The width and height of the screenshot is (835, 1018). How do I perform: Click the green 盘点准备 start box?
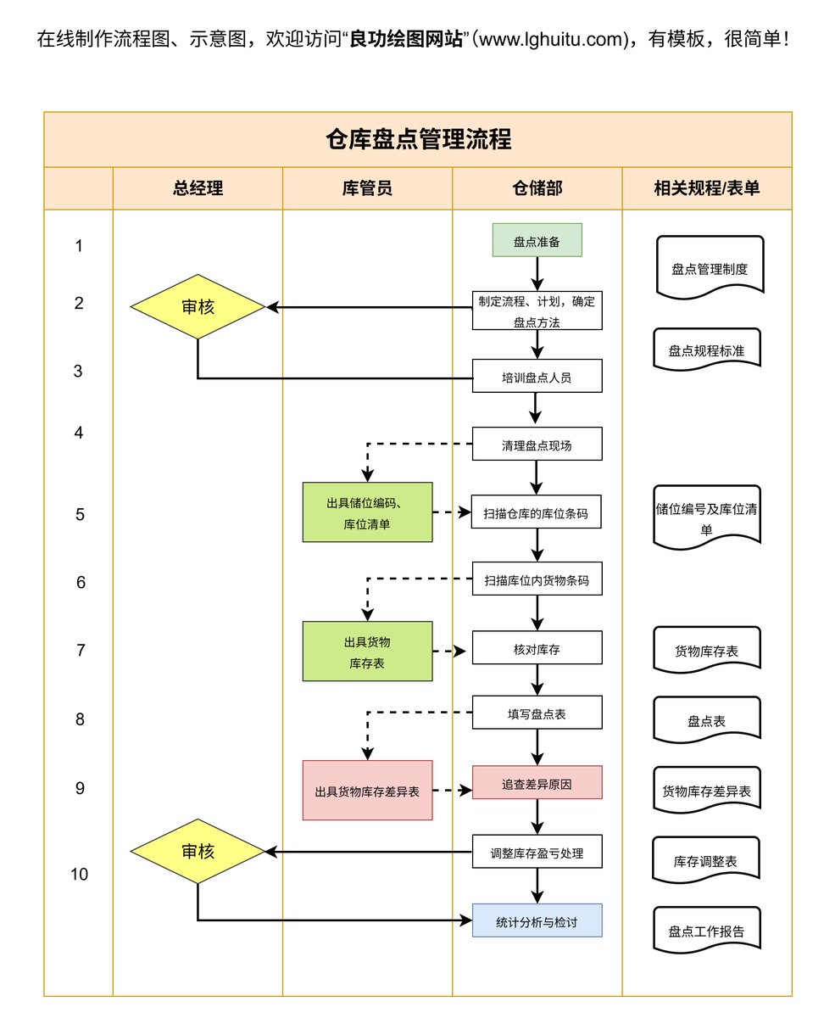537,240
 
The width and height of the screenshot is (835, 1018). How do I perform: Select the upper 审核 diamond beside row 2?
198,306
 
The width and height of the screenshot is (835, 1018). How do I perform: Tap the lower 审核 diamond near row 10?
198,851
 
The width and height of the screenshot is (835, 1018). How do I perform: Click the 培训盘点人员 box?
537,376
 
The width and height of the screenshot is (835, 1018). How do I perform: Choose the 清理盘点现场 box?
537,444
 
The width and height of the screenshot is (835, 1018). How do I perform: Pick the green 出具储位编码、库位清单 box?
368,512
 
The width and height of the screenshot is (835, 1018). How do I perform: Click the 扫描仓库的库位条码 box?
536,512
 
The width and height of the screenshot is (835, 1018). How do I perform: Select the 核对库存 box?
537,647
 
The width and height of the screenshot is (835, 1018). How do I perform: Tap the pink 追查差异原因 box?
537,782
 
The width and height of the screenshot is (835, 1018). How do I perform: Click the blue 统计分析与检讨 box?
537,920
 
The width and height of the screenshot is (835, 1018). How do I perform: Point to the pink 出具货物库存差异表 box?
368,790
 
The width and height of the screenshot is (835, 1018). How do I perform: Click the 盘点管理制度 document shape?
710,267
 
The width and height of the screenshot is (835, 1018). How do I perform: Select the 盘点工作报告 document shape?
707,930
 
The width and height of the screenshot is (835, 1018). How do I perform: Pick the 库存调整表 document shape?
705,860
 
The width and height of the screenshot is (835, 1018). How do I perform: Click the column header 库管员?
368,188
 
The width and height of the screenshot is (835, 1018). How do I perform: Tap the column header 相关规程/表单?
707,188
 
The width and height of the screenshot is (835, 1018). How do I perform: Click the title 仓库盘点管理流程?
418,139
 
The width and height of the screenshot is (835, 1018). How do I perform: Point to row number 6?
81,582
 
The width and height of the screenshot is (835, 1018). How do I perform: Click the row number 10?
79,874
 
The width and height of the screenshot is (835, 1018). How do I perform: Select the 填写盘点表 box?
537,712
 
